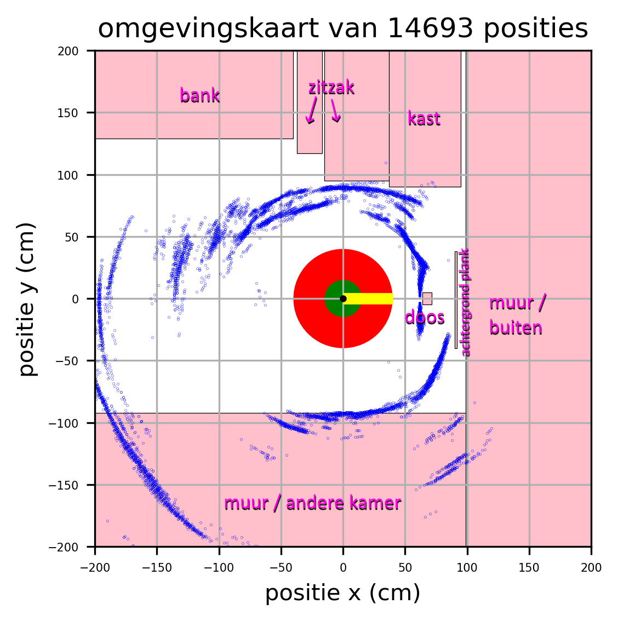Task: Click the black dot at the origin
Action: click(343, 298)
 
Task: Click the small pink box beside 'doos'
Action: click(427, 298)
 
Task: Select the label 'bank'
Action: click(200, 96)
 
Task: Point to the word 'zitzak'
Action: click(331, 88)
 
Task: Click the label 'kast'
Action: click(424, 119)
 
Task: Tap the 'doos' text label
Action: click(425, 318)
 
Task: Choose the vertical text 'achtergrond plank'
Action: click(465, 302)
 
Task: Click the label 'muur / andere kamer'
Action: click(312, 503)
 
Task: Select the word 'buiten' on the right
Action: click(516, 328)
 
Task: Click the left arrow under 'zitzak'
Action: click(311, 111)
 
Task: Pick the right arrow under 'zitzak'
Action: click(335, 111)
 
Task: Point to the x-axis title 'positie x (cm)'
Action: click(343, 593)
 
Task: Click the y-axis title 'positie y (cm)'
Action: click(27, 298)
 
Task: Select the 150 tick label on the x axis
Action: click(529, 567)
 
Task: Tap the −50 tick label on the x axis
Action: click(281, 567)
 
